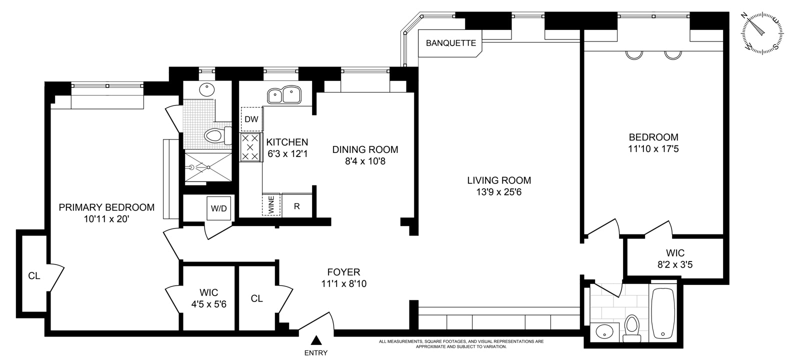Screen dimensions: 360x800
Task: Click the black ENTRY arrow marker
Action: click(316, 341)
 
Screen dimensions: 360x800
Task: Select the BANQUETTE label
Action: click(450, 43)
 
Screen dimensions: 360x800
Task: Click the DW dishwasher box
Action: click(251, 119)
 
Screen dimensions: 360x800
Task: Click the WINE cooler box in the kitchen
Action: click(271, 204)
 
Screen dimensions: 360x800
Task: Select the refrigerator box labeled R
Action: click(296, 205)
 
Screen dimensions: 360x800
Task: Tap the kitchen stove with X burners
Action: click(250, 147)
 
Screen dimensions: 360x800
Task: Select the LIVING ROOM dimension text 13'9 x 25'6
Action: click(499, 192)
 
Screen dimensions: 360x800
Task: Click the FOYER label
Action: click(343, 272)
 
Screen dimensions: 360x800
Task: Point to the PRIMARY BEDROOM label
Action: click(106, 207)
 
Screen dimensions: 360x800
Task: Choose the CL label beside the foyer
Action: click(256, 298)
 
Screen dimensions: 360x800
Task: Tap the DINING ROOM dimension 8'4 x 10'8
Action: click(365, 161)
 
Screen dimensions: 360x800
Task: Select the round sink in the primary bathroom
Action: click(206, 90)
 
